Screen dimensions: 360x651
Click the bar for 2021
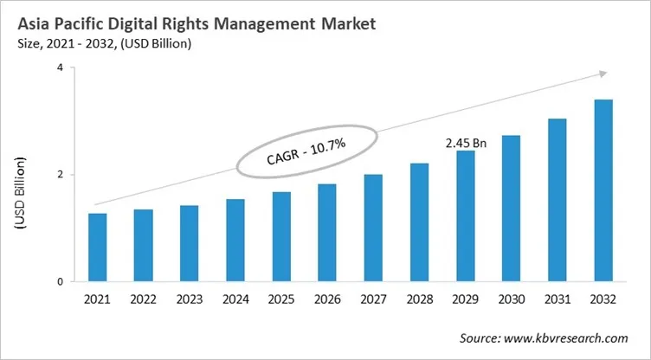point(98,247)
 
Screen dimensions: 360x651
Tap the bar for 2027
point(373,228)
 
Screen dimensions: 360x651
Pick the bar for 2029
point(465,216)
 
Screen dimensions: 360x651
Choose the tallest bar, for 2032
point(603,190)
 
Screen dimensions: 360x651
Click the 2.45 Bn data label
point(466,142)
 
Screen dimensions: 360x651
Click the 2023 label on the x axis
point(190,300)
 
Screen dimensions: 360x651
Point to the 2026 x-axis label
point(327,300)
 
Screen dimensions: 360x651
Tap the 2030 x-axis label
point(511,300)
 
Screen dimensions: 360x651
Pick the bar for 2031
point(557,200)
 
